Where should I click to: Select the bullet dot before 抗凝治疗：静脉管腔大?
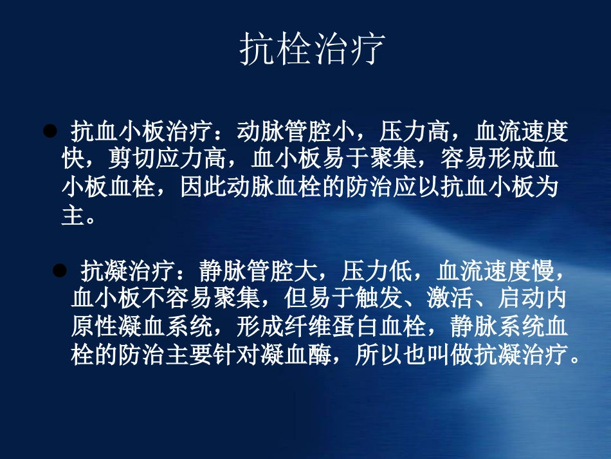[x=59, y=270]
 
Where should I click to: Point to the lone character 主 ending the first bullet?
[x=73, y=216]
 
